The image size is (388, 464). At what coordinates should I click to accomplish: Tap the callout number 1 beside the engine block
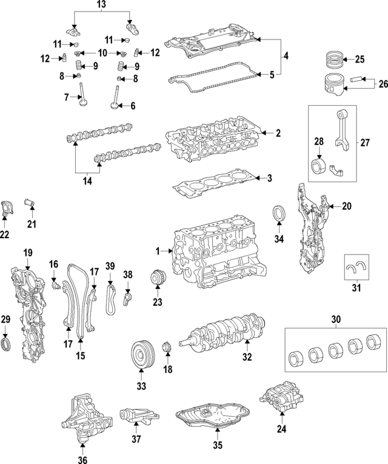(x=157, y=251)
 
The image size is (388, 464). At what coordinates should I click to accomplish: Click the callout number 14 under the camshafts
(x=88, y=180)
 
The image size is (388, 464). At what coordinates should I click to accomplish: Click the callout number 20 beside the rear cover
(x=346, y=206)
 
